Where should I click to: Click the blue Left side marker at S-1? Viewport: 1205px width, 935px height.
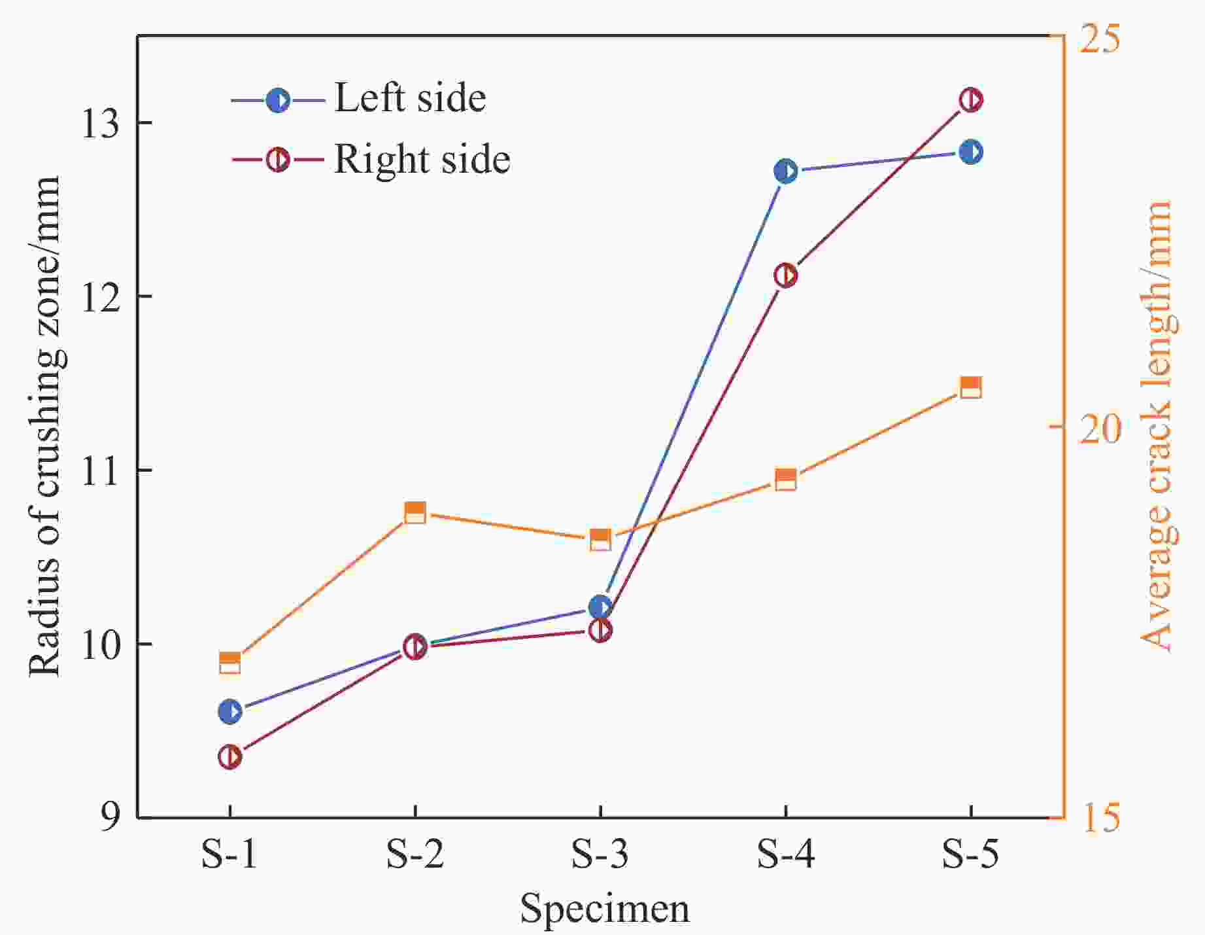[x=230, y=711]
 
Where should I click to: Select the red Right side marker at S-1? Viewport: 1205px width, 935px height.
[x=230, y=757]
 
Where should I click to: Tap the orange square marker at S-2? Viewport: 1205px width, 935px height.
[x=415, y=513]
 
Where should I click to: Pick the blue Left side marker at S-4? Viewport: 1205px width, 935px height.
[x=785, y=171]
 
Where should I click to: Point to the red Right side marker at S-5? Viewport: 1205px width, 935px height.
[x=971, y=100]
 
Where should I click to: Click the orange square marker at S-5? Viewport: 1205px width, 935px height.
[x=971, y=387]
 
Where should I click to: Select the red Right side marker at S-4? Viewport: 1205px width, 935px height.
[x=785, y=275]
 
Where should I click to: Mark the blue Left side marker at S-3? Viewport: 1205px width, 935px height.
[x=600, y=607]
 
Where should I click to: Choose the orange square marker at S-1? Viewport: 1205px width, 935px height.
[x=230, y=663]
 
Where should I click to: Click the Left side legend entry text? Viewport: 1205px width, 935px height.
[x=410, y=99]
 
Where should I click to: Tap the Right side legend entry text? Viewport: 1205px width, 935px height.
[x=422, y=159]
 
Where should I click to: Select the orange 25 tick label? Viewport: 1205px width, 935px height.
[x=1099, y=39]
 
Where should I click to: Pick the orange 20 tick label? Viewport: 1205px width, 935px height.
[x=1099, y=428]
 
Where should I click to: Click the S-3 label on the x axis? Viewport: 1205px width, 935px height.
[x=600, y=855]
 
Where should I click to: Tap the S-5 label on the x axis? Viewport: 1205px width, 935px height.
[x=971, y=855]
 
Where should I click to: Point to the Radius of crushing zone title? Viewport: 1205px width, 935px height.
[x=44, y=425]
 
